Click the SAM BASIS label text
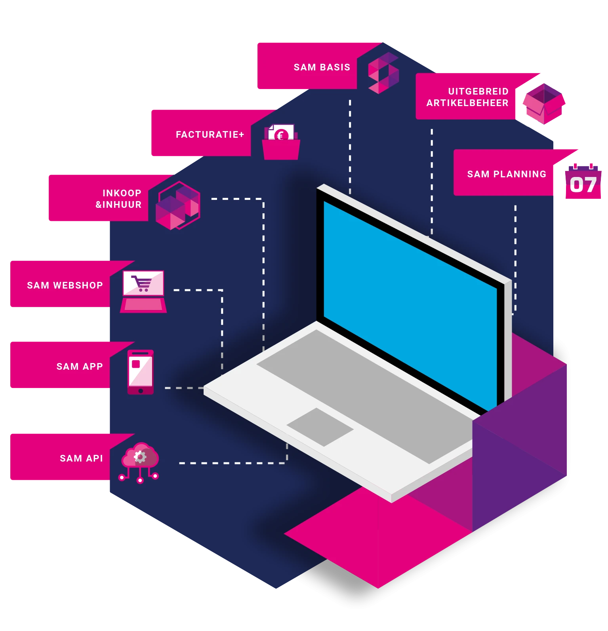pos(322,67)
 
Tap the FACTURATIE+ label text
pos(210,135)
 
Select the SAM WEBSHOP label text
pos(65,285)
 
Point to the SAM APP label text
pos(80,367)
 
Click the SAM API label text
pos(81,458)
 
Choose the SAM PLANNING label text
pos(507,174)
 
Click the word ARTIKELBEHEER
pos(467,103)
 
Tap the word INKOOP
pos(122,193)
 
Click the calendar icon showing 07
pos(583,182)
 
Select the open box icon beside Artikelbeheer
pos(544,103)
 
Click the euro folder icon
pos(281,143)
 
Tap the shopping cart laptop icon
pos(143,291)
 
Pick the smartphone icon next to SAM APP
pos(140,372)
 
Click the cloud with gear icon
pos(139,461)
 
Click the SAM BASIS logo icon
pos(383,73)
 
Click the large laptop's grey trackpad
pos(320,427)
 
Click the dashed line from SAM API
pos(234,463)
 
